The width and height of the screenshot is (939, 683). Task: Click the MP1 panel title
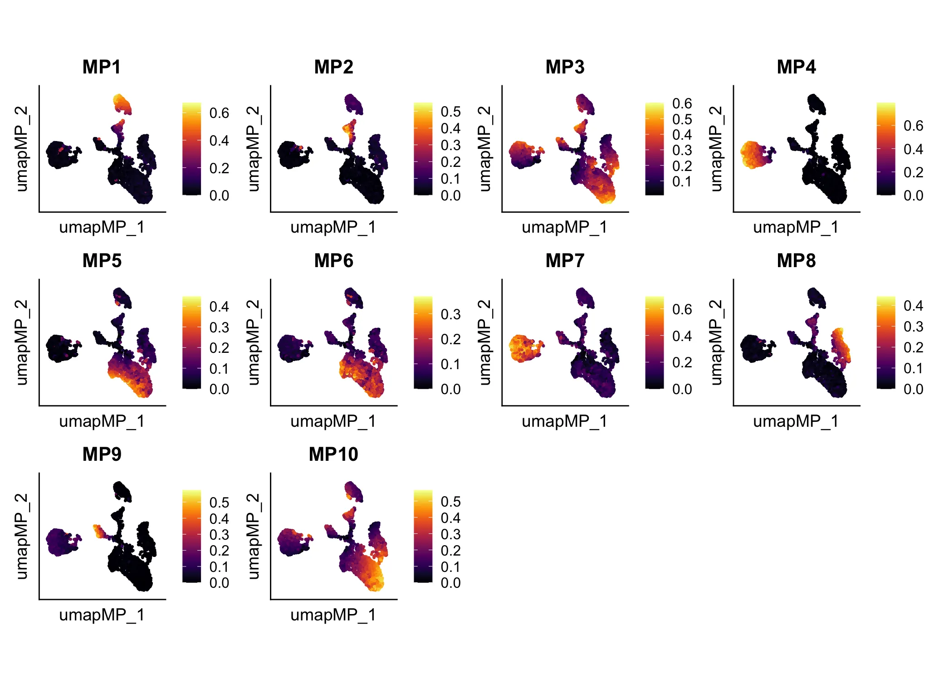point(102,67)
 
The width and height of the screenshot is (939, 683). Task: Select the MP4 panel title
point(796,67)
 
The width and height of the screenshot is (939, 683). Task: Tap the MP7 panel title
point(565,261)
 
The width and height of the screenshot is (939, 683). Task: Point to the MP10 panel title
point(333,454)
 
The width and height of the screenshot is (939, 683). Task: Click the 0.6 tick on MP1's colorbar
point(219,113)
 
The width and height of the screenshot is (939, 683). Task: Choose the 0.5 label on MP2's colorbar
point(450,112)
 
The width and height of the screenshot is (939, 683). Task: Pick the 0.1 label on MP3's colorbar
point(682,181)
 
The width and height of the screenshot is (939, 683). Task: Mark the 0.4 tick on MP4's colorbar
point(913,149)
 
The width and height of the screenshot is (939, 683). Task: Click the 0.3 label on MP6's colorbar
point(450,314)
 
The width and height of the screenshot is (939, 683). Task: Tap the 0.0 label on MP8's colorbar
point(913,389)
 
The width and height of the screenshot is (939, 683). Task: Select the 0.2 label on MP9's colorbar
point(219,551)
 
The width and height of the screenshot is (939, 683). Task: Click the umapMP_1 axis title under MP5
point(102,421)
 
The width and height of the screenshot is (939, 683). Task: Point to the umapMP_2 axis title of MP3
point(484,149)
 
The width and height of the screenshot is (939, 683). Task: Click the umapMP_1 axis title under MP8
point(796,421)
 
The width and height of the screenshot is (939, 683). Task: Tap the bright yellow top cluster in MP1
point(122,104)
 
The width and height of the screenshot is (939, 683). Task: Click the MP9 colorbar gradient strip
point(191,536)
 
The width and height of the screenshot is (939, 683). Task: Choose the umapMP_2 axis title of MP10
point(253,536)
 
